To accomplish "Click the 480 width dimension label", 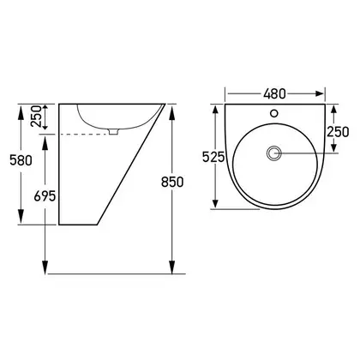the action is click(274, 93).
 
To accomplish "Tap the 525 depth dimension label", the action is click(213, 157).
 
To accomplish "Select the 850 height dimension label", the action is click(172, 182).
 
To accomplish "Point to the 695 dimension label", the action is click(45, 196).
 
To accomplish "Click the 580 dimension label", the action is click(21, 160).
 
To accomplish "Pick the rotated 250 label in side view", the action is click(36, 116).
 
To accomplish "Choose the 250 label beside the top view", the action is click(338, 132).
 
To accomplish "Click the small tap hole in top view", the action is click(274, 113).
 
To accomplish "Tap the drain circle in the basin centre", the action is click(274, 153).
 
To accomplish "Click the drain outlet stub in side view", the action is click(114, 131).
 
